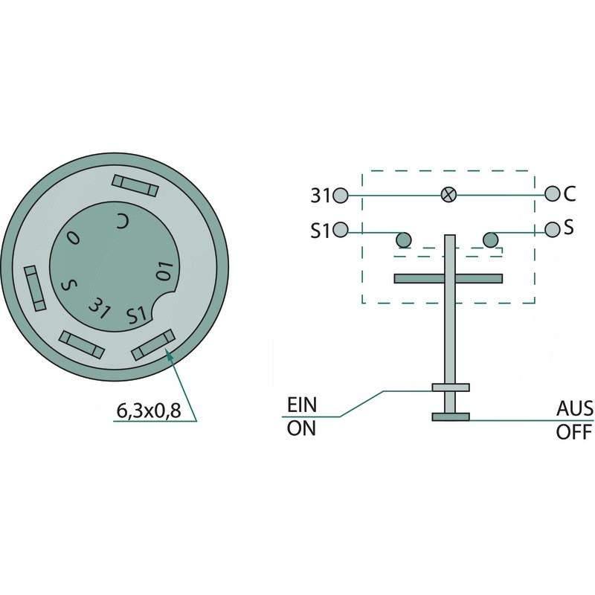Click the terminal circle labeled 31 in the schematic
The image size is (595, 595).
[341, 196]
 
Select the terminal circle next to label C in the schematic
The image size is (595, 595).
[552, 194]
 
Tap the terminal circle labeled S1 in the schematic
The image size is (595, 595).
[341, 229]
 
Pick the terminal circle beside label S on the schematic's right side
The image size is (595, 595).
[552, 228]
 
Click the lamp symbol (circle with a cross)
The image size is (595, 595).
[448, 195]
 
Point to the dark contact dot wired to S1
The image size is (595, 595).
[403, 239]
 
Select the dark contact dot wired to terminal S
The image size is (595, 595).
[490, 239]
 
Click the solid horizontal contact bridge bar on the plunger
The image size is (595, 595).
[449, 279]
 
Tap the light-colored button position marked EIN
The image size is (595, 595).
[450, 387]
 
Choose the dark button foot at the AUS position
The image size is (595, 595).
[450, 416]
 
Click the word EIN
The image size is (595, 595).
[302, 405]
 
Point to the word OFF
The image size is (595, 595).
[573, 432]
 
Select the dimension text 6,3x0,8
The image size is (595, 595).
[148, 410]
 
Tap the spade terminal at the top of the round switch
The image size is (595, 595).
[135, 186]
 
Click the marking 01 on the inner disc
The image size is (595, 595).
[165, 271]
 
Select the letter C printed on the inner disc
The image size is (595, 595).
[123, 220]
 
